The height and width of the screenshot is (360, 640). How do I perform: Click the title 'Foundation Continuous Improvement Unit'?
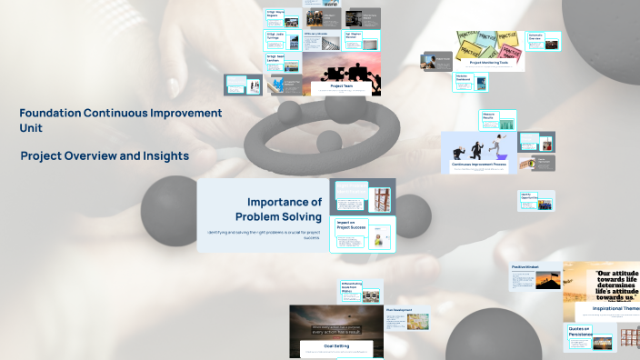click(120, 120)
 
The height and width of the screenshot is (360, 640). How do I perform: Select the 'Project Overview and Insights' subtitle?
click(105, 156)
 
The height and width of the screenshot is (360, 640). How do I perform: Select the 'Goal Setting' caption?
click(325, 346)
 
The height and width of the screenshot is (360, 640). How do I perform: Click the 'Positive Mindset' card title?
click(525, 267)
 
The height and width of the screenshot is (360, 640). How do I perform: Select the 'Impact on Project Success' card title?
click(345, 225)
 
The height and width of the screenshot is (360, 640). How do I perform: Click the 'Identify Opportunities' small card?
click(525, 195)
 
